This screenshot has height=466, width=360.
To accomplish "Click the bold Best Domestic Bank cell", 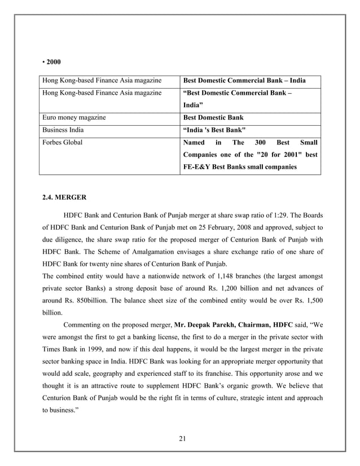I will [213, 118].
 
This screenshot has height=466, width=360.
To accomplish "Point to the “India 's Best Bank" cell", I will [214, 129].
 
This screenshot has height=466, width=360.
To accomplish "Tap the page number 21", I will [179, 440].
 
